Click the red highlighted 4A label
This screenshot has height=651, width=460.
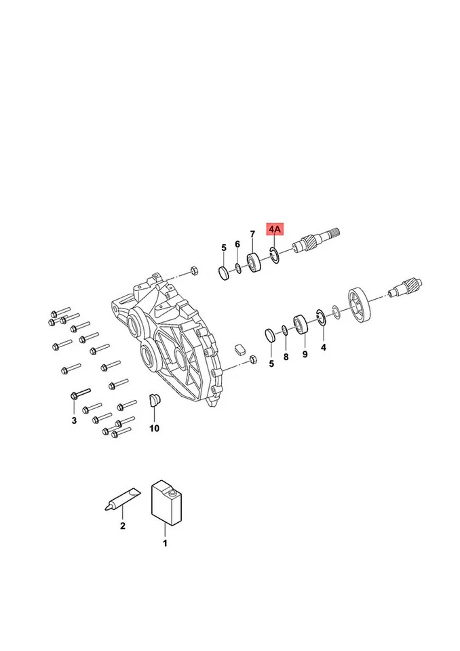point(274,231)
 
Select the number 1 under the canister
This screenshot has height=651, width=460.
point(164,542)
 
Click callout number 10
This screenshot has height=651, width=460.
point(154,428)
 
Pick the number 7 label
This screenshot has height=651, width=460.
point(252,235)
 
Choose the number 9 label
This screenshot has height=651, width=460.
point(305,354)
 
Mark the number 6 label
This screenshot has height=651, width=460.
point(237,244)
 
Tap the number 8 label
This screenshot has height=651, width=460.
point(286,356)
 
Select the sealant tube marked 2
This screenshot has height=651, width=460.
point(121,500)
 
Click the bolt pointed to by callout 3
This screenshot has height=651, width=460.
point(79,393)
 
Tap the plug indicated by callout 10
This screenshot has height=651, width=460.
point(155,400)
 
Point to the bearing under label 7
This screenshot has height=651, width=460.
point(255,262)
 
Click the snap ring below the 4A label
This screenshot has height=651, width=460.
point(275,256)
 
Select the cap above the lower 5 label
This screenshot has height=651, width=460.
point(270,335)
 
